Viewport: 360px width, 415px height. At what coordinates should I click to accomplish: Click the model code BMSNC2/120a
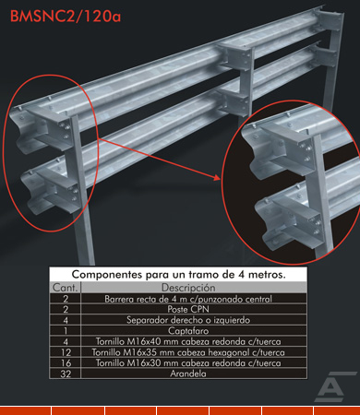[x=66, y=17]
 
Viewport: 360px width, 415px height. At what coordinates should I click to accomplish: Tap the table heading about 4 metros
[x=178, y=274]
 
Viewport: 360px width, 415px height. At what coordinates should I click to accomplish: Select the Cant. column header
[x=65, y=288]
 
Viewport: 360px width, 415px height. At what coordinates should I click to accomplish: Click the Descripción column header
[x=188, y=288]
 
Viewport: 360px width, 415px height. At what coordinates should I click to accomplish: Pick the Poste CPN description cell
[x=188, y=309]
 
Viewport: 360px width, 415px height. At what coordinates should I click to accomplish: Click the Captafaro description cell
[x=188, y=331]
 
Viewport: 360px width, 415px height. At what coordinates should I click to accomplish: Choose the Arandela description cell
[x=188, y=373]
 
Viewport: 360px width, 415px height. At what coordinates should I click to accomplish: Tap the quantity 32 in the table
[x=66, y=374]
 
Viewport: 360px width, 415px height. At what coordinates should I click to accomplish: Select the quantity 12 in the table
[x=66, y=352]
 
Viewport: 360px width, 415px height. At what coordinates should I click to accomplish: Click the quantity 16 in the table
[x=66, y=363]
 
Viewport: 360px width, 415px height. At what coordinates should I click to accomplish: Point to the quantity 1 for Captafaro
[x=66, y=331]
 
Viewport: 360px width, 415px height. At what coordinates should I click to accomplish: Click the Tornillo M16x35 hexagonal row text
[x=188, y=352]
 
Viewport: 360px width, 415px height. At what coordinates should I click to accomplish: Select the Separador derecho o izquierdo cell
[x=188, y=320]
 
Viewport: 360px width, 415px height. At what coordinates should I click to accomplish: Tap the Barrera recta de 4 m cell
[x=188, y=299]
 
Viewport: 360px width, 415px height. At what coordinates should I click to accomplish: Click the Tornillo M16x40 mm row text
[x=188, y=341]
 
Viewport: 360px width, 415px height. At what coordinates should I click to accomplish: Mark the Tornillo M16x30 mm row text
[x=188, y=363]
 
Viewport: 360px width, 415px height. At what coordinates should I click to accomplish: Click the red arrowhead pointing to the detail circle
[x=217, y=177]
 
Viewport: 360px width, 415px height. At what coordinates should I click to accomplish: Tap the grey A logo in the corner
[x=334, y=386]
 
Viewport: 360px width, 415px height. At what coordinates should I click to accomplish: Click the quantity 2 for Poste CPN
[x=66, y=310]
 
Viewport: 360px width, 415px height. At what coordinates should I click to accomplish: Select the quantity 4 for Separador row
[x=66, y=320]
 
